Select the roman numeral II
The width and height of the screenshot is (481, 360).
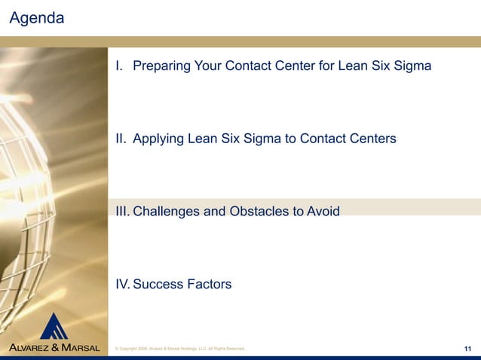coord(121,139)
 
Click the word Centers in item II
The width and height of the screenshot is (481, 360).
coord(372,139)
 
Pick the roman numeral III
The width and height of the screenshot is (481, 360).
coord(123,212)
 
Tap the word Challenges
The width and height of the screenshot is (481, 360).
coord(167,212)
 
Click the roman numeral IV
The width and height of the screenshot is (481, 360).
coord(122,284)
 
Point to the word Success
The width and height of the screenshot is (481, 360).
coord(157,284)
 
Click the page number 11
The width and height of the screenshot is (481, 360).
coord(467,348)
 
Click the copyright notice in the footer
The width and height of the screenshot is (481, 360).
coord(178,349)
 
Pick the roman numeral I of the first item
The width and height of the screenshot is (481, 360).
coord(118,66)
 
